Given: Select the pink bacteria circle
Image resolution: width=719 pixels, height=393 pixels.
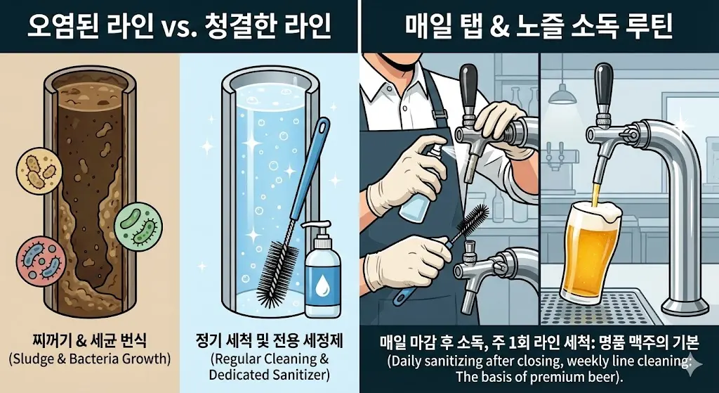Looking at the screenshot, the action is pyautogui.click(x=39, y=260).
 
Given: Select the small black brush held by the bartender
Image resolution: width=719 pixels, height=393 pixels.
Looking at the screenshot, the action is pyautogui.click(x=468, y=224).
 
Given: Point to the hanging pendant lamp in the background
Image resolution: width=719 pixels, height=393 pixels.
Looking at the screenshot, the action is pyautogui.click(x=562, y=94).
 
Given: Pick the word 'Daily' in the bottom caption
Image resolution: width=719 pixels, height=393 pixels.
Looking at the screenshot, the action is pyautogui.click(x=407, y=362).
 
